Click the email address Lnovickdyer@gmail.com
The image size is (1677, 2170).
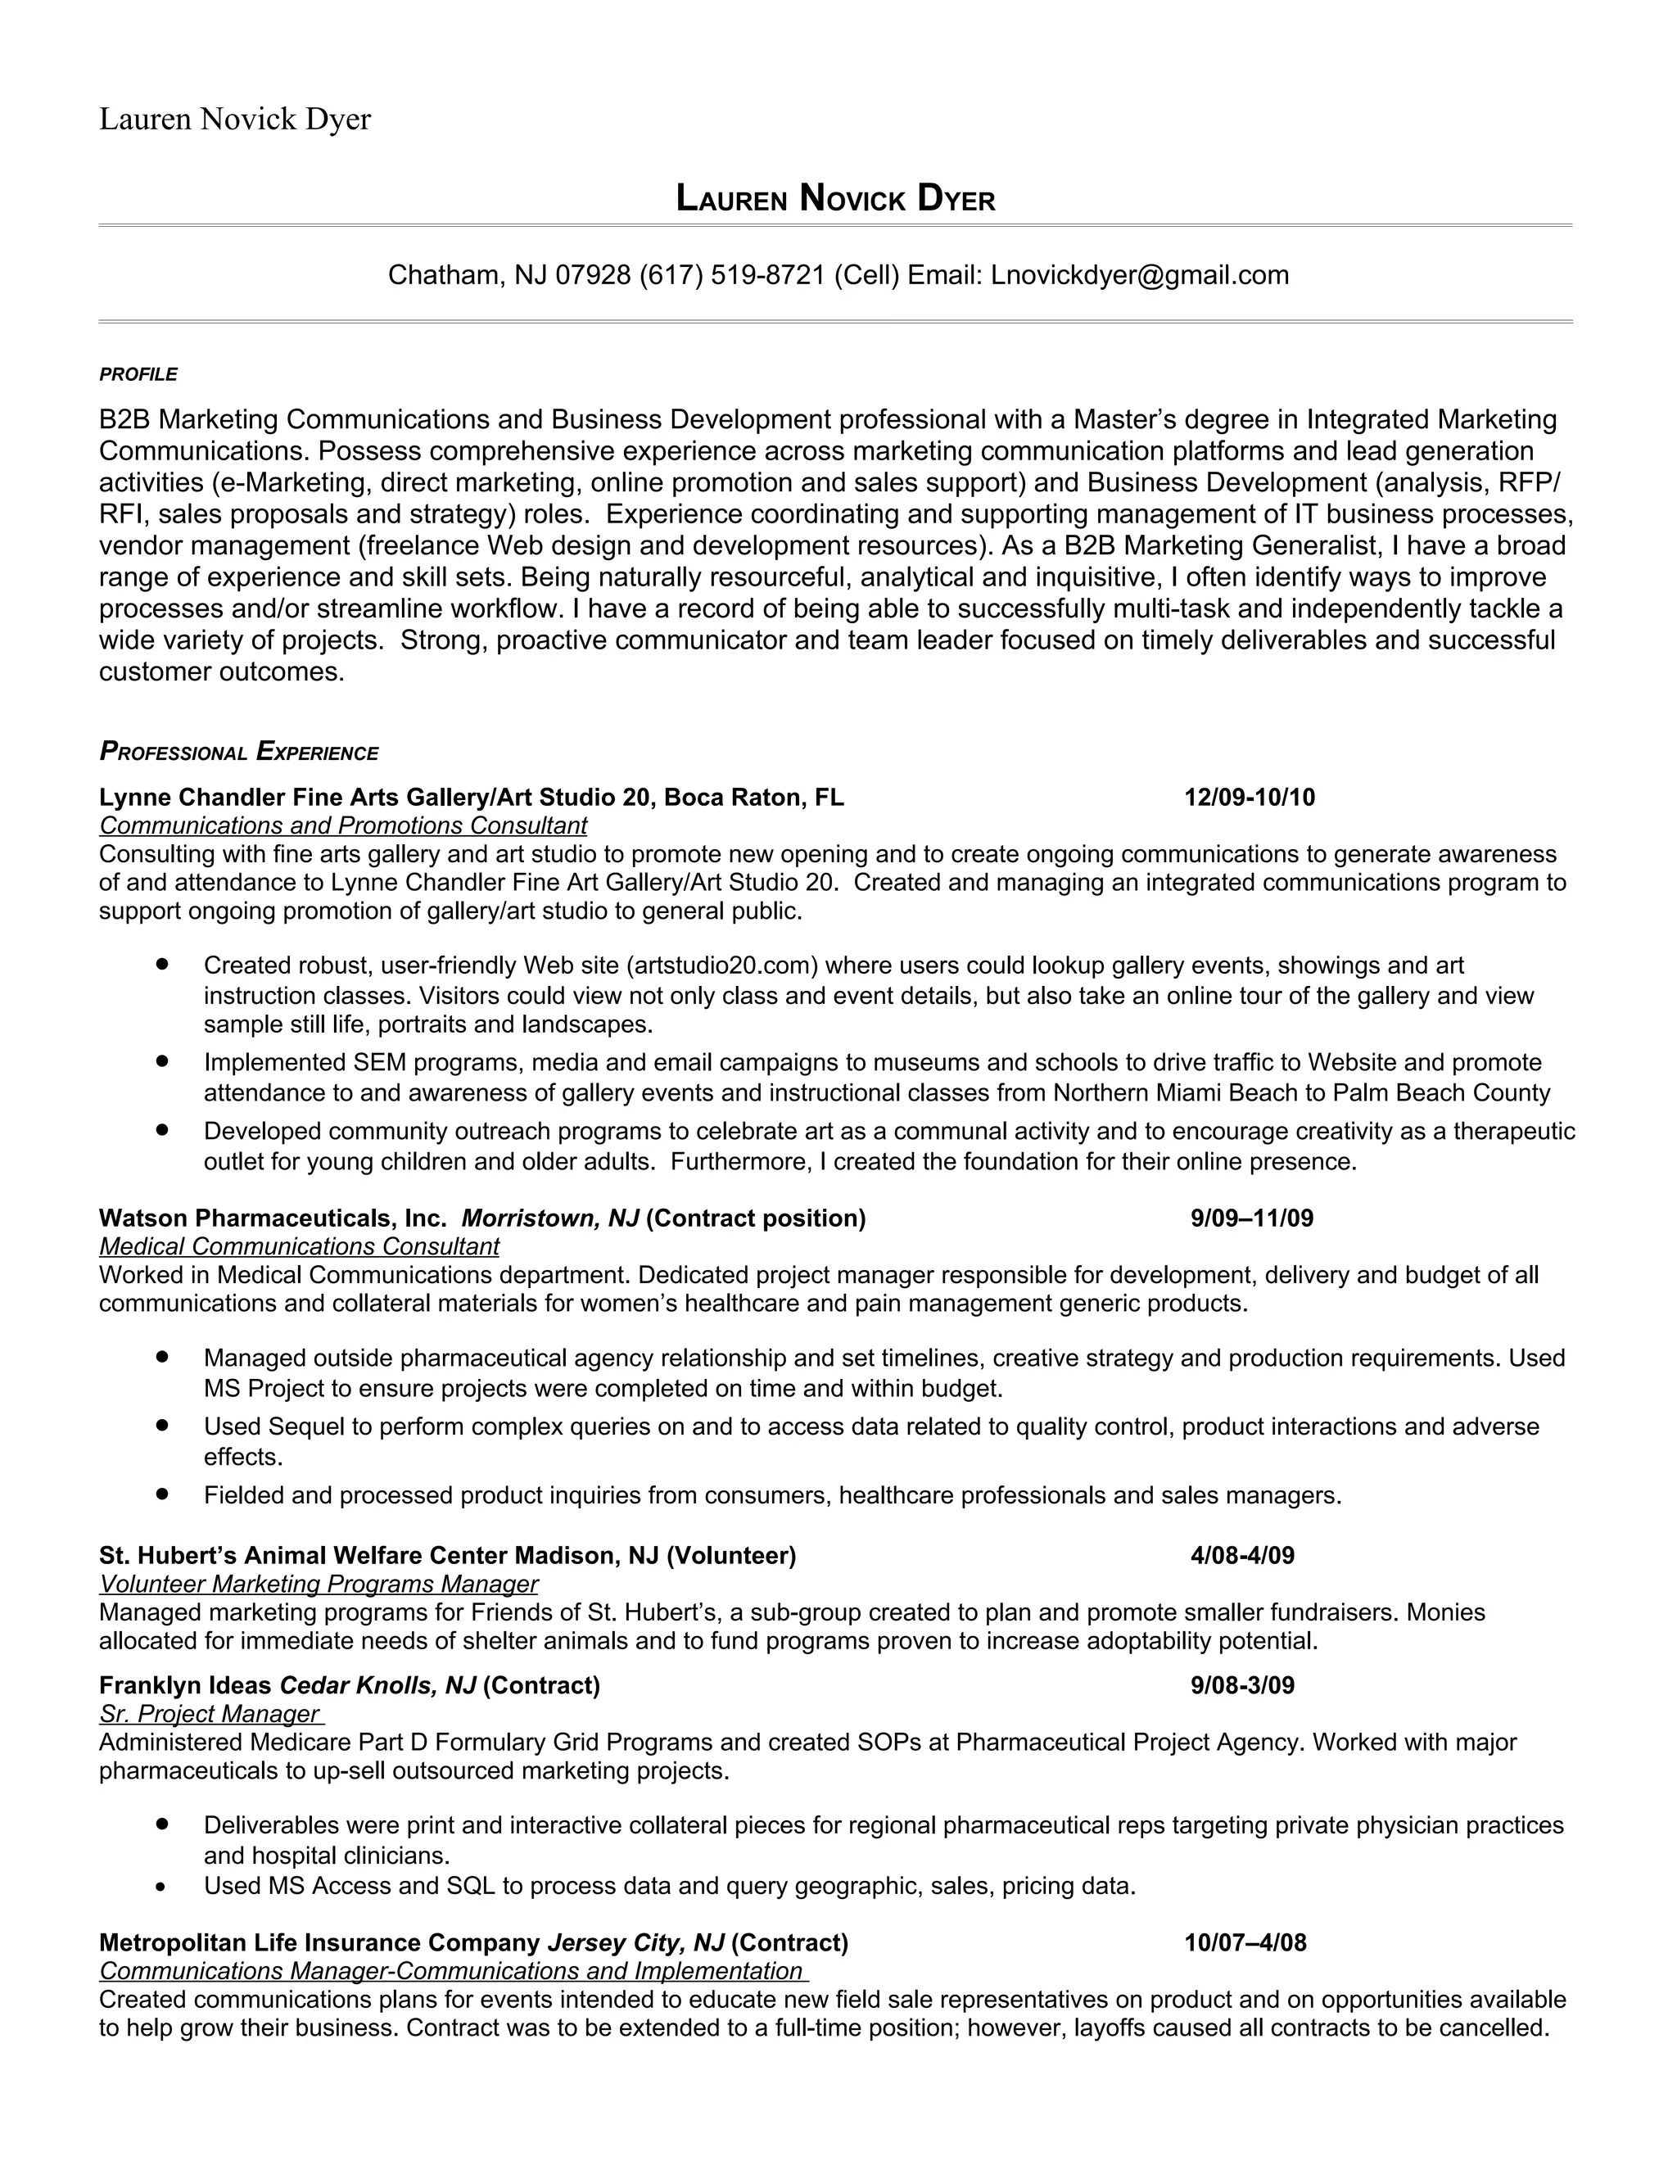(1140, 275)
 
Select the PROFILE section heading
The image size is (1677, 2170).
(138, 374)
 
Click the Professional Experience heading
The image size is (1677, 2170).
(238, 753)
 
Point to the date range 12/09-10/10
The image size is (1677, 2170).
(1249, 798)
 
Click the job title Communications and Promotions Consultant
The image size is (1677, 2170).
(343, 825)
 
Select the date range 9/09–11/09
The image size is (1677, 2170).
(1252, 1218)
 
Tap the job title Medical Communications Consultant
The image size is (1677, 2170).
(299, 1246)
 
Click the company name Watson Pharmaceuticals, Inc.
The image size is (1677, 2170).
(273, 1218)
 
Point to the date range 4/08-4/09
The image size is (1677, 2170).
(1242, 1555)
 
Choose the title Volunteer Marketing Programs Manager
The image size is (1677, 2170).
(318, 1584)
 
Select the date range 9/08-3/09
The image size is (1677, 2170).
(1242, 1685)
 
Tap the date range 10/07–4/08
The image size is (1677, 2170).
(1245, 1942)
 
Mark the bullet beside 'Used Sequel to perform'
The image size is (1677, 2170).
(162, 1425)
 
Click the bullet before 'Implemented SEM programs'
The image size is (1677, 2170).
(162, 1061)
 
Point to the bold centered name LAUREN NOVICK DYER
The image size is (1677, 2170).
(835, 199)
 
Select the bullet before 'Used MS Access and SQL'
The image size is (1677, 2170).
(162, 1887)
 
